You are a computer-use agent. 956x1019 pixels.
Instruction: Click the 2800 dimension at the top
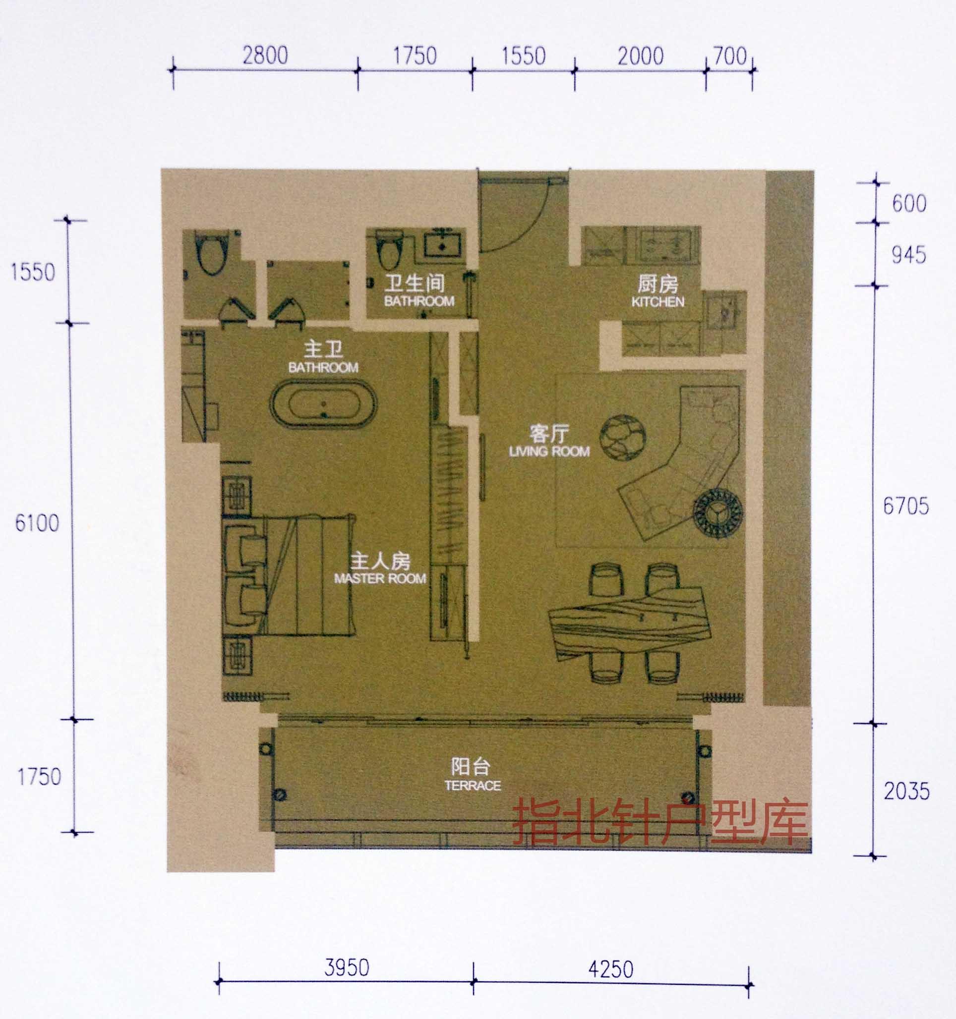(265, 56)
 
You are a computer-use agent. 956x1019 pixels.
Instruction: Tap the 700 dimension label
(730, 56)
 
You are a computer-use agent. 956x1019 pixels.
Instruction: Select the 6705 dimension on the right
(906, 507)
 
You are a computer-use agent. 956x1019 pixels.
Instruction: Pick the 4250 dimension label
(611, 969)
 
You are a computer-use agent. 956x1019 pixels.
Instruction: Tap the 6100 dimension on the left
(37, 523)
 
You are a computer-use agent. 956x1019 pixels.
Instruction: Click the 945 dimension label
(909, 255)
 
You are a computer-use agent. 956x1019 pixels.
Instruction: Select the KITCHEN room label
(658, 302)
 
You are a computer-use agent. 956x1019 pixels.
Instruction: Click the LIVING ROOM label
(549, 451)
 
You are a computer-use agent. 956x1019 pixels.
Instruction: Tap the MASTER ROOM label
(380, 579)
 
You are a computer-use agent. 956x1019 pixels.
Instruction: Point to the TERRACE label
(473, 786)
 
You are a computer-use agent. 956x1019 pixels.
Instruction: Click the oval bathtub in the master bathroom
(324, 405)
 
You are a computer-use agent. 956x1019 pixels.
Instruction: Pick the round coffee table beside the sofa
(623, 437)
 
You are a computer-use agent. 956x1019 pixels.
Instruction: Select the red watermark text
(660, 823)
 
